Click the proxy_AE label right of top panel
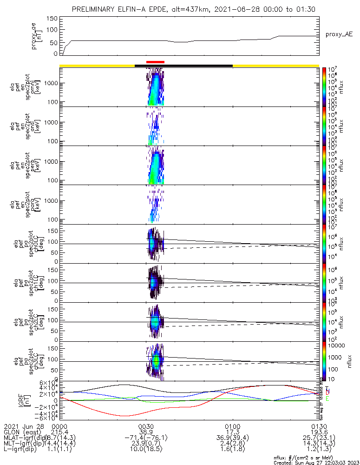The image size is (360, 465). pos(339,35)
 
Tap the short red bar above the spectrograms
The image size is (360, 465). pos(155,62)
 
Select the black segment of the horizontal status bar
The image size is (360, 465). pos(183,66)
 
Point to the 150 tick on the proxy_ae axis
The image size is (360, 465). pos(52,19)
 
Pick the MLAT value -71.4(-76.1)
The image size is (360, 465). pos(146,438)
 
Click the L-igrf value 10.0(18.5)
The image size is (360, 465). pos(146,451)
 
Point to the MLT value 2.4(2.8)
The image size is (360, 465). pos(232,445)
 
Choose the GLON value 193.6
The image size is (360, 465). pos(319,432)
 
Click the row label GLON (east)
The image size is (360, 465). pos(20,432)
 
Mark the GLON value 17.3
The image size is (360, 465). pos(232,432)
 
